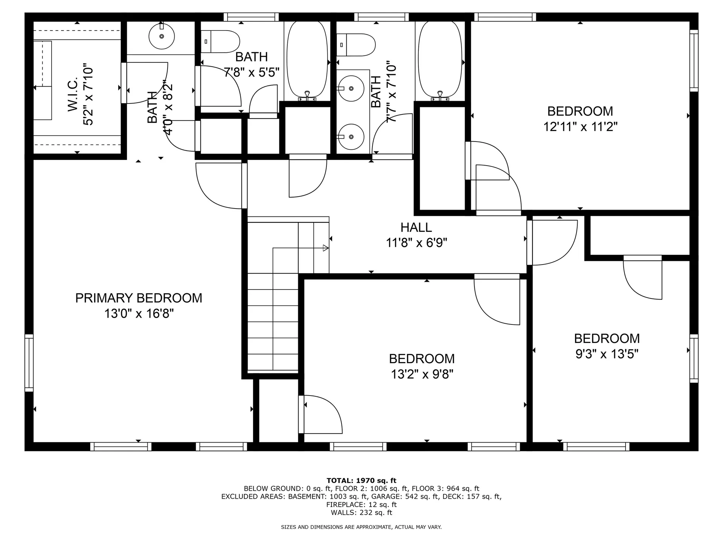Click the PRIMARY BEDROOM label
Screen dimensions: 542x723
[x=139, y=298]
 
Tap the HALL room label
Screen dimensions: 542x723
[x=416, y=227]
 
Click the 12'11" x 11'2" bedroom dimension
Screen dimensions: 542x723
[x=580, y=127]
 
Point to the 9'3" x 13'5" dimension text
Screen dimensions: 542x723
[x=607, y=354]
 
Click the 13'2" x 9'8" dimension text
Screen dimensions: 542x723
[x=422, y=375]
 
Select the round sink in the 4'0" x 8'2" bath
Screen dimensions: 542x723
[x=162, y=37]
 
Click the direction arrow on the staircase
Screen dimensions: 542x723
[x=325, y=248]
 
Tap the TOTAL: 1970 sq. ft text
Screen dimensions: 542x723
[x=361, y=481]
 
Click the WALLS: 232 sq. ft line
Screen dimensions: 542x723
[x=361, y=513]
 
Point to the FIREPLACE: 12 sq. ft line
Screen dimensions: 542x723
[x=361, y=505]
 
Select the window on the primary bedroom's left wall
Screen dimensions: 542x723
[x=29, y=362]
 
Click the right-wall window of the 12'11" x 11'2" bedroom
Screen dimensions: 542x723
[x=694, y=60]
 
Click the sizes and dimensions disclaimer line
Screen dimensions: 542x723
[x=361, y=527]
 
